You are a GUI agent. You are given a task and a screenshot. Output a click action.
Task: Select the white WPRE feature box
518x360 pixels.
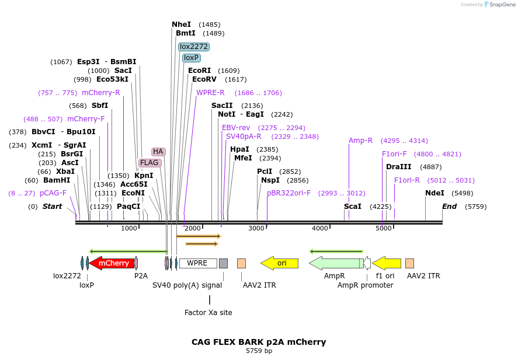click(197, 263)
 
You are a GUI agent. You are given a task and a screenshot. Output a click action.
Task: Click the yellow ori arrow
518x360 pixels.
click(280, 263)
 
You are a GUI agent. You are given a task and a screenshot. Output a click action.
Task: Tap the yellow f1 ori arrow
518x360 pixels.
click(387, 263)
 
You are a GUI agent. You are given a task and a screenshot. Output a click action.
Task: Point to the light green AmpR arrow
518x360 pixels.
click(335, 263)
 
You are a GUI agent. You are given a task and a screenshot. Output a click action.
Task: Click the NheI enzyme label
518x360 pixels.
click(181, 25)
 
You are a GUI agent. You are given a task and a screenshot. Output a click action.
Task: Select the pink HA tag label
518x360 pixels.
click(158, 152)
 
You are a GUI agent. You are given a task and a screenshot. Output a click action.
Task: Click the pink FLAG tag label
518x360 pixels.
click(149, 163)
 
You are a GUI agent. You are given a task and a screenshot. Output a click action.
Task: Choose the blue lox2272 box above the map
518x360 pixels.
click(193, 47)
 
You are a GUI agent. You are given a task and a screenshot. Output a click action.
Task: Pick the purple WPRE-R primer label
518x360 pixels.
click(210, 93)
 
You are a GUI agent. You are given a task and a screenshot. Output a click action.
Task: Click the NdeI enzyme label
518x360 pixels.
click(434, 193)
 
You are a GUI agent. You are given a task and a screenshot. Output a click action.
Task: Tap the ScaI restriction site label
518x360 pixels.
click(352, 207)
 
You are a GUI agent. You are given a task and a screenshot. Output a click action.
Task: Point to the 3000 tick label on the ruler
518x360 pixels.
click(256, 228)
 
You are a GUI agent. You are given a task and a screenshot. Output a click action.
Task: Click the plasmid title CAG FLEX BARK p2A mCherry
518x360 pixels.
click(259, 342)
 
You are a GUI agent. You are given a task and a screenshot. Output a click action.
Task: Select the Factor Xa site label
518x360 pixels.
click(208, 313)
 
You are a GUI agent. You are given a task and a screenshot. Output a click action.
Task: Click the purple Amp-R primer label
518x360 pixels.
click(360, 141)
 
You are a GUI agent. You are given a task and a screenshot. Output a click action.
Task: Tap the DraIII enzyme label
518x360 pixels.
click(398, 167)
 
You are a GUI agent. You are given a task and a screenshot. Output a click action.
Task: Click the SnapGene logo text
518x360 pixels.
click(502, 5)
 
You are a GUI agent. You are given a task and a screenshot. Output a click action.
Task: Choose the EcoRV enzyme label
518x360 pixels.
click(204, 79)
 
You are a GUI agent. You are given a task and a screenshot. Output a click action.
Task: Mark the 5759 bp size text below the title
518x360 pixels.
click(259, 351)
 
